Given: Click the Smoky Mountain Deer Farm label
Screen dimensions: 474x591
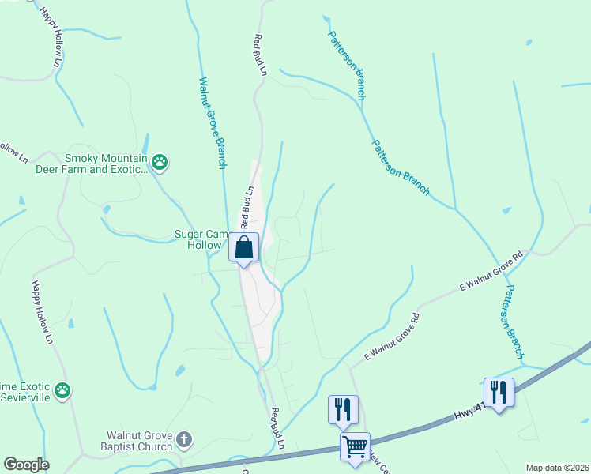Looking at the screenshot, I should pyautogui.click(x=108, y=163).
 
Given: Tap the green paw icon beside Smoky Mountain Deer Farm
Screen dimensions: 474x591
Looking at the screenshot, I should pyautogui.click(x=160, y=163).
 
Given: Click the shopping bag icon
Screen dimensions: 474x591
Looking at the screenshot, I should pyautogui.click(x=244, y=247).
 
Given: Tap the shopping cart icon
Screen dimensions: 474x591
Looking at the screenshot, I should pyautogui.click(x=355, y=446).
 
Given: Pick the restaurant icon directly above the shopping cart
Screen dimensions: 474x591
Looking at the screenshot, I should pyautogui.click(x=343, y=408).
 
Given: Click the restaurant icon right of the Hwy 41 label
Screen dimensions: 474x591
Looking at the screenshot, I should pyautogui.click(x=499, y=392).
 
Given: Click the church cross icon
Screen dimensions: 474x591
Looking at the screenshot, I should pyautogui.click(x=184, y=440).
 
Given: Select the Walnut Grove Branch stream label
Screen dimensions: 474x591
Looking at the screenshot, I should pyautogui.click(x=212, y=122).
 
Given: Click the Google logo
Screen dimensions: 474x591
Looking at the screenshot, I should pyautogui.click(x=26, y=465).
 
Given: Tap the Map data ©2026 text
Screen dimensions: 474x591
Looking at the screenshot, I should pyautogui.click(x=556, y=468).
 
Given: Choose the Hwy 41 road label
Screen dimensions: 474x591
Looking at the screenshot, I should pyautogui.click(x=469, y=412).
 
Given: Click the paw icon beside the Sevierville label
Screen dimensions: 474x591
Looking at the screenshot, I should pyautogui.click(x=62, y=390).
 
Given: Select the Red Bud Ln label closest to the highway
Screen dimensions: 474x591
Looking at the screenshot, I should pyautogui.click(x=277, y=429).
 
